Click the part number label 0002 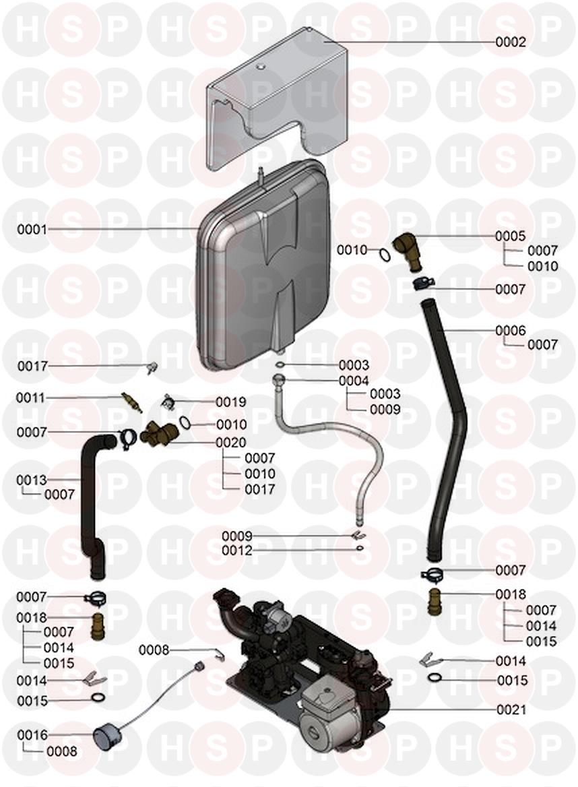pyautogui.click(x=511, y=42)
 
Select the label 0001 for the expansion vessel pyautogui.click(x=32, y=230)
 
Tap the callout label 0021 pyautogui.click(x=511, y=710)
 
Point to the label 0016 pyautogui.click(x=32, y=734)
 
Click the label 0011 pyautogui.click(x=32, y=398)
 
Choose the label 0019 pyautogui.click(x=231, y=402)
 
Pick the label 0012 pyautogui.click(x=237, y=551)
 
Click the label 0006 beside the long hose pyautogui.click(x=511, y=331)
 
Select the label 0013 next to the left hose pyautogui.click(x=32, y=480)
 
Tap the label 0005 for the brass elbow pyautogui.click(x=511, y=237)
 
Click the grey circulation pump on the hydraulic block pyautogui.click(x=330, y=707)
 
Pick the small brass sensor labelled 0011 pyautogui.click(x=131, y=403)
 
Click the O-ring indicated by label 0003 pyautogui.click(x=280, y=365)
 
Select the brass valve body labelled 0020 pyautogui.click(x=160, y=433)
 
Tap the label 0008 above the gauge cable pyautogui.click(x=154, y=650)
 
